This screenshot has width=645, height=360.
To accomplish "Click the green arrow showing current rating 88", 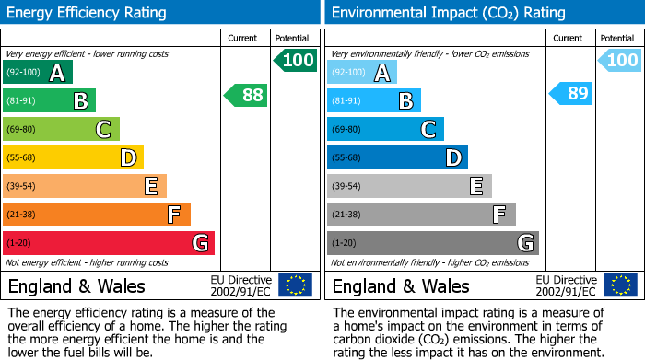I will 246,95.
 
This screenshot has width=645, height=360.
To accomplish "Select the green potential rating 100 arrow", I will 295,61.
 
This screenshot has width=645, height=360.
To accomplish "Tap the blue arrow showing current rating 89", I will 570,94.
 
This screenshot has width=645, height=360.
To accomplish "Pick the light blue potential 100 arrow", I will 619,61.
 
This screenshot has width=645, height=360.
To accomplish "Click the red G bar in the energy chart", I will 109,243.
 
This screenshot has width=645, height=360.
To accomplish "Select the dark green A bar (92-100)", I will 38,73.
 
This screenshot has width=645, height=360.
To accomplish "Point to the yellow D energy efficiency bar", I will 73,157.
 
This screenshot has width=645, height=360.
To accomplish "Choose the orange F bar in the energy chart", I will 97,215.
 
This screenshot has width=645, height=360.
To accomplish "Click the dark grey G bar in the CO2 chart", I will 432,243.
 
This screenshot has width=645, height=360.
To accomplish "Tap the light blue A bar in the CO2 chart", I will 362,73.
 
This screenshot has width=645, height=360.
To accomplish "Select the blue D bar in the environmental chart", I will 397,157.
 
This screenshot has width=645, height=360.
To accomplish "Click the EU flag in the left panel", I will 295,285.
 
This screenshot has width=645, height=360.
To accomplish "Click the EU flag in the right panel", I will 619,285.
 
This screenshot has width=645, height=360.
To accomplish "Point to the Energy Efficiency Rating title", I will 88,13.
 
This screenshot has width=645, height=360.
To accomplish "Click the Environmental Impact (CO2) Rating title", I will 448,13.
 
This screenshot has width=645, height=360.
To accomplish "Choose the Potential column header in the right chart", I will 617,38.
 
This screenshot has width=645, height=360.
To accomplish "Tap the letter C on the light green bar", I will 103,130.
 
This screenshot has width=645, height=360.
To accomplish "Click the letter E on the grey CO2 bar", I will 475,186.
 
